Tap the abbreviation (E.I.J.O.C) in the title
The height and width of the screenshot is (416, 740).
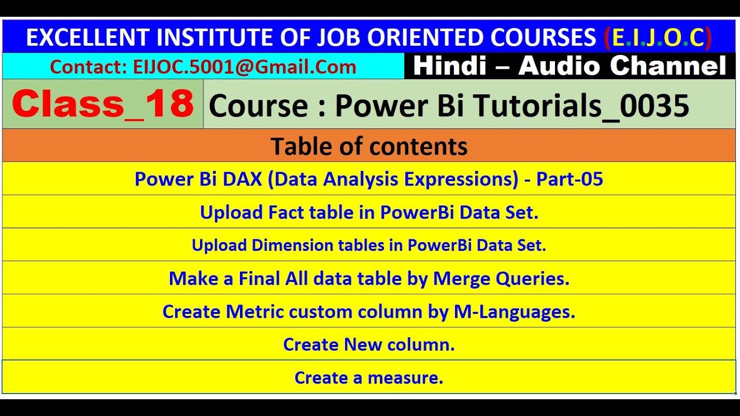click(x=657, y=38)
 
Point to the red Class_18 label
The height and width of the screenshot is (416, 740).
click(x=103, y=105)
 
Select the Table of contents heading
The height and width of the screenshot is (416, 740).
click(x=369, y=147)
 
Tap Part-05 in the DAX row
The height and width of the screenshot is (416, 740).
click(x=569, y=179)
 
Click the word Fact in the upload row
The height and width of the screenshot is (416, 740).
click(x=286, y=213)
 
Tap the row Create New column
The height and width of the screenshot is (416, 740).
click(x=369, y=344)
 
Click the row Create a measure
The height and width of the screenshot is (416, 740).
click(x=369, y=378)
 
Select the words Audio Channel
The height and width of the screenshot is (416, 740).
click(x=622, y=66)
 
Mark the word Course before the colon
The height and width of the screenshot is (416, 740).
click(x=258, y=106)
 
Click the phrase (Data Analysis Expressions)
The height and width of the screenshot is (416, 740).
click(x=393, y=179)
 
